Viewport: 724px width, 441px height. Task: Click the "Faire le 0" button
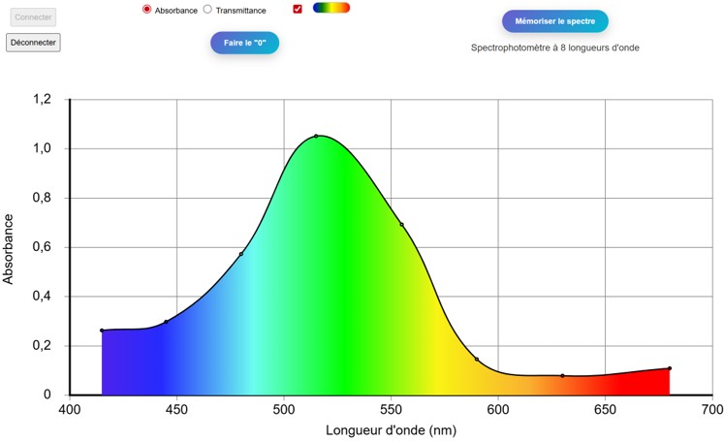[244, 43]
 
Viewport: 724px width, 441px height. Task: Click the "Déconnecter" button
[33, 43]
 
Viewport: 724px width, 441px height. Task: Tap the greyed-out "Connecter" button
[33, 17]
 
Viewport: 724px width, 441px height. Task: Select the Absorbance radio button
[146, 9]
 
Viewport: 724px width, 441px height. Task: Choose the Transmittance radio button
[207, 9]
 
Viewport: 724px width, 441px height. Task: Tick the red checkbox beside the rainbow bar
[298, 9]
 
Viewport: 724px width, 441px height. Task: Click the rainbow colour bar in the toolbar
[331, 8]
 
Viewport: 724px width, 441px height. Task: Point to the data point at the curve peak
[316, 136]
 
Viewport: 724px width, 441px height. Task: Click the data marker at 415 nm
[102, 331]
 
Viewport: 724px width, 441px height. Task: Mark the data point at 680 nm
[670, 368]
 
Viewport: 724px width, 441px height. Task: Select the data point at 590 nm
[477, 360]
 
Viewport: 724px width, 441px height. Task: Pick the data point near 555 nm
[401, 225]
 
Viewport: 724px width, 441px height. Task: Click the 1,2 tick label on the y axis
[41, 99]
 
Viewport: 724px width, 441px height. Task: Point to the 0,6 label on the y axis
[41, 247]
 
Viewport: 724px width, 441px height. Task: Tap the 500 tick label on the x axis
[284, 411]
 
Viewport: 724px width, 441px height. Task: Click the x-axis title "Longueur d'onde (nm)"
[391, 430]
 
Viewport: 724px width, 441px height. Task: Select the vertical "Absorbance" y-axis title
[10, 247]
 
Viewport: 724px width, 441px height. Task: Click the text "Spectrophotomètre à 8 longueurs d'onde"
[555, 47]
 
